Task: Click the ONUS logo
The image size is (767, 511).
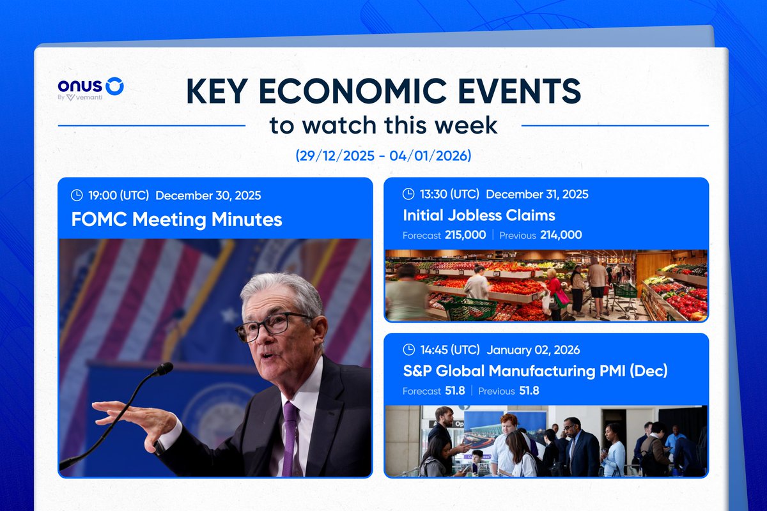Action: point(90,86)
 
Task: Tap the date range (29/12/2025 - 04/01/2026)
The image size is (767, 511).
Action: point(383,156)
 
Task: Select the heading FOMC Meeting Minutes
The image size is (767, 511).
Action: point(177,220)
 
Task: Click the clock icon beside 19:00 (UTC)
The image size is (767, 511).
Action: point(76,195)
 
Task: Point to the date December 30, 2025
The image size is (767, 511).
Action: point(208,195)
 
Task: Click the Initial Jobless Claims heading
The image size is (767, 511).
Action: point(479,215)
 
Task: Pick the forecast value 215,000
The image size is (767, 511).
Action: point(465,235)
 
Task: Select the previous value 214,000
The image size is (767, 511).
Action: point(560,235)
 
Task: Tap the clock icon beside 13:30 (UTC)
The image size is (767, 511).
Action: point(408,194)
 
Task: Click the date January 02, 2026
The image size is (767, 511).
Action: point(533,350)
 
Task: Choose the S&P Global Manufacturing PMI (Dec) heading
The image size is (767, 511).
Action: point(535,370)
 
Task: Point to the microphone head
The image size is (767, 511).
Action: point(164,369)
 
